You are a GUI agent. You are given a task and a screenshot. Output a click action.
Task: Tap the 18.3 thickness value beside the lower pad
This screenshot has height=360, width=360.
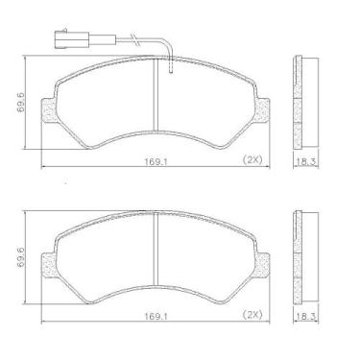click(304, 314)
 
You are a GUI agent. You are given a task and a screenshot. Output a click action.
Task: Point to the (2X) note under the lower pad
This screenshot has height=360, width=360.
click(253, 314)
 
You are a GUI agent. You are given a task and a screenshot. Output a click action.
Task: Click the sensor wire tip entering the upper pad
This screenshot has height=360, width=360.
click(169, 68)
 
